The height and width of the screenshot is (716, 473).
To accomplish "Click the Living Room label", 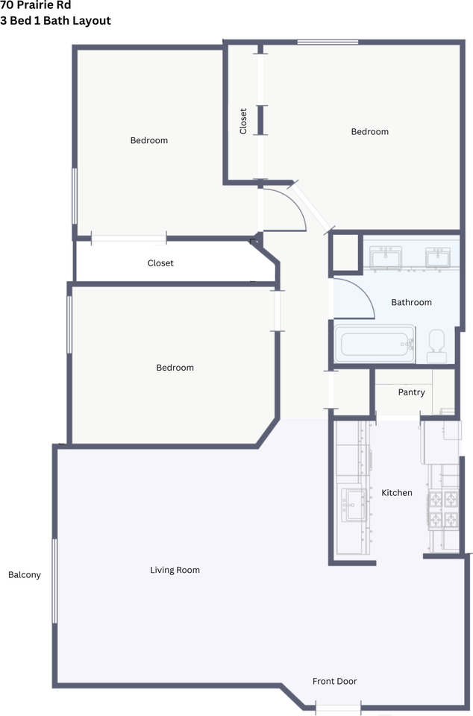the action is (175, 570).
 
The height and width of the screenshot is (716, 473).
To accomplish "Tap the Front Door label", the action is (335, 681).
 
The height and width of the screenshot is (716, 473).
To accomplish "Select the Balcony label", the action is (25, 575).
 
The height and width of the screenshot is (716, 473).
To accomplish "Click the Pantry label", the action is (411, 392).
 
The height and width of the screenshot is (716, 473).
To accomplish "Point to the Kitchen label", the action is (397, 493).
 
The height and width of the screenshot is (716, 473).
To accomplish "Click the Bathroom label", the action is (411, 302).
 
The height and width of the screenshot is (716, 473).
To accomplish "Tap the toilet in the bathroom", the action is (437, 346).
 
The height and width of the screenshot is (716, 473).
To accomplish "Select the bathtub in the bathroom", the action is (375, 344).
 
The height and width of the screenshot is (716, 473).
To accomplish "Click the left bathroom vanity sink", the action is (386, 257).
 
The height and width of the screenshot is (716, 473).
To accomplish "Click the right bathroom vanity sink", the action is (438, 257).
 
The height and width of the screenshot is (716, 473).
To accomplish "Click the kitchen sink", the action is (353, 505).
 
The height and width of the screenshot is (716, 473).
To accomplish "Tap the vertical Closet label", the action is (243, 121).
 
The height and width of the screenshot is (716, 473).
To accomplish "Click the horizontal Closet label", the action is (160, 263).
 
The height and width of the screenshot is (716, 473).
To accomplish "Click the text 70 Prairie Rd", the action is (36, 5).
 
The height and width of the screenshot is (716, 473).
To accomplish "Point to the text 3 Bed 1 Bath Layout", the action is (56, 21).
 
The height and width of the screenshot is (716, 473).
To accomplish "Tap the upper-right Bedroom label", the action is (370, 131).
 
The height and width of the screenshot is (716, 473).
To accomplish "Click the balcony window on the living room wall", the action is (54, 581).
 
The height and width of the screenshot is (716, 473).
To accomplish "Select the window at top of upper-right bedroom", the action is (328, 43).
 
